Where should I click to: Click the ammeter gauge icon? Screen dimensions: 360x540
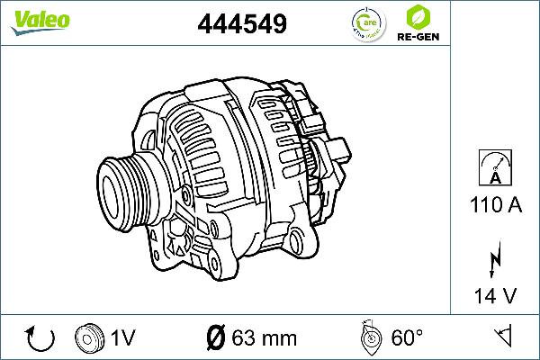(493, 167)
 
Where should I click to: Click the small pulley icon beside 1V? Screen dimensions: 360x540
(90, 337)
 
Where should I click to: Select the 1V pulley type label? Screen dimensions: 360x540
(122, 338)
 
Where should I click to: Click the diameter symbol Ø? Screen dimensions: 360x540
(215, 338)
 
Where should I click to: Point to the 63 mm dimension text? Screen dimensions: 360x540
(264, 338)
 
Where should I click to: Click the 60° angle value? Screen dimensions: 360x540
(407, 338)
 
